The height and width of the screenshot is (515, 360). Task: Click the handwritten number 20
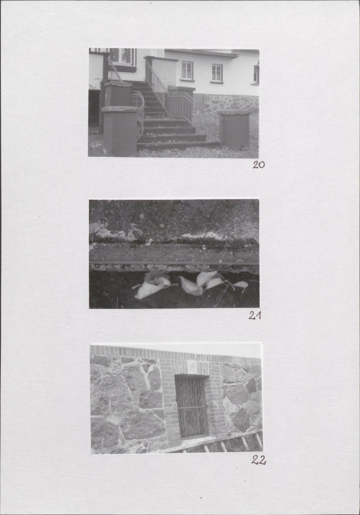pyautogui.click(x=259, y=165)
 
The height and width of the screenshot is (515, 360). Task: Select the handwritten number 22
pyautogui.click(x=259, y=460)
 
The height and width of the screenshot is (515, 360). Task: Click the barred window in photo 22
pyautogui.click(x=192, y=406)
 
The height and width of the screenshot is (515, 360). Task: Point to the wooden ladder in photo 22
pyautogui.click(x=220, y=442)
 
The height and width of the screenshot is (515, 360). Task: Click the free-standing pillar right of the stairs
pyautogui.click(x=235, y=130)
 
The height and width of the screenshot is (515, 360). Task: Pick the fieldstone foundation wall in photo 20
pyautogui.click(x=231, y=102)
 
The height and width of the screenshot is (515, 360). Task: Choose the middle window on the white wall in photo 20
pyautogui.click(x=217, y=73)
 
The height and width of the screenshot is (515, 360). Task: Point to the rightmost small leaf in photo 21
pyautogui.click(x=241, y=285)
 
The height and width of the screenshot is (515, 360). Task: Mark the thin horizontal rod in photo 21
pyautogui.click(x=174, y=263)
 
